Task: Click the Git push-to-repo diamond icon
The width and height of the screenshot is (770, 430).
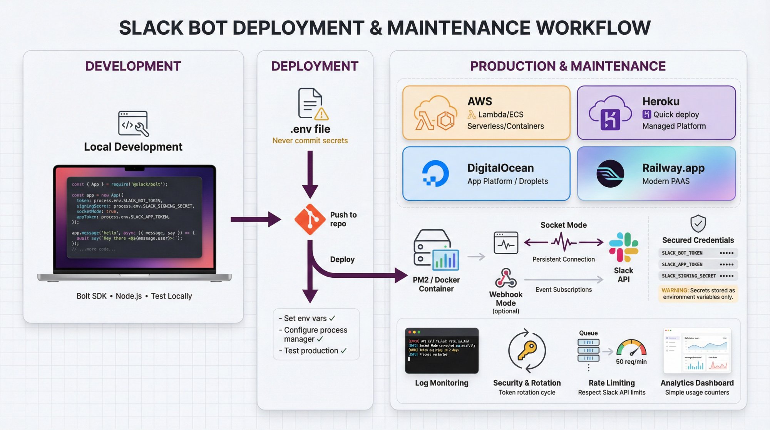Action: pyautogui.click(x=310, y=219)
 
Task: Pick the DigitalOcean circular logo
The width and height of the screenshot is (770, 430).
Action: pyautogui.click(x=435, y=173)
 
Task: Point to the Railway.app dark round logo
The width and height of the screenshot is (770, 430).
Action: pyautogui.click(x=610, y=174)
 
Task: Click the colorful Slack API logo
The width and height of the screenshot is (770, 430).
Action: pyautogui.click(x=623, y=247)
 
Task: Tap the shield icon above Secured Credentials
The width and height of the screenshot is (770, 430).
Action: pyautogui.click(x=698, y=223)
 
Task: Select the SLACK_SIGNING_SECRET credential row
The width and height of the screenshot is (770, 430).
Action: pyautogui.click(x=698, y=276)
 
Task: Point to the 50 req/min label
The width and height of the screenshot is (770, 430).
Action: pyautogui.click(x=631, y=362)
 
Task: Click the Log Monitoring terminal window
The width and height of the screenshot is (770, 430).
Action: pyautogui.click(x=442, y=351)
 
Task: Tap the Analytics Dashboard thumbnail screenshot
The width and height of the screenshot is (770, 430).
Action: pyautogui.click(x=697, y=351)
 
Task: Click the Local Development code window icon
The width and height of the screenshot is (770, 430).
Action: pyautogui.click(x=133, y=124)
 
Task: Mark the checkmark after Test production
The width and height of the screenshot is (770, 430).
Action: pyautogui.click(x=343, y=351)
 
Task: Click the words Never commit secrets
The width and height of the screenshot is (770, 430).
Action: pyautogui.click(x=310, y=141)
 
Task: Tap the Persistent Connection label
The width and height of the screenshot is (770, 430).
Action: pyautogui.click(x=563, y=259)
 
